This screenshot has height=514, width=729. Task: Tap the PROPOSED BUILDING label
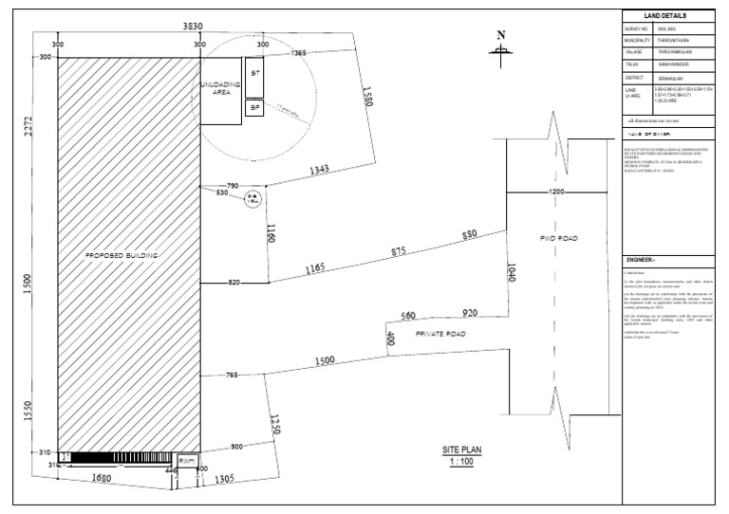click(x=121, y=256)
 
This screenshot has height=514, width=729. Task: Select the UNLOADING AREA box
click(x=221, y=90)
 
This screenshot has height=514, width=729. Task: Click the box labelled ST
click(x=254, y=73)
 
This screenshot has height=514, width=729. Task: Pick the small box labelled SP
click(x=254, y=108)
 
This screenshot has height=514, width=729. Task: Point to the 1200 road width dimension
click(x=557, y=193)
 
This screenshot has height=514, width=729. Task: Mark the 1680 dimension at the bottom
click(x=114, y=479)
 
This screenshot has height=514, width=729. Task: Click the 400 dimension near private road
click(x=390, y=338)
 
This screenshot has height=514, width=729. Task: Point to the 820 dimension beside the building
click(x=235, y=283)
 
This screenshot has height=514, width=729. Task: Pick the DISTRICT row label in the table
click(x=635, y=79)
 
